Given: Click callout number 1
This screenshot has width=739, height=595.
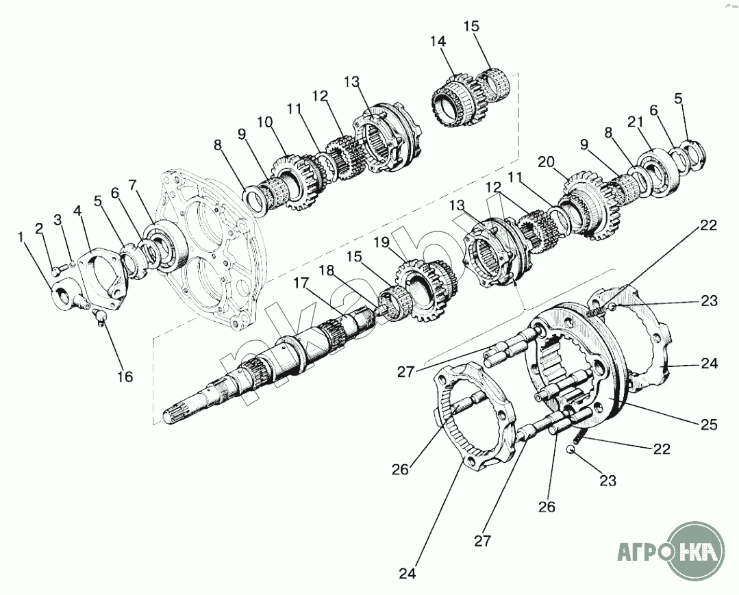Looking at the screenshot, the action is [x=21, y=237].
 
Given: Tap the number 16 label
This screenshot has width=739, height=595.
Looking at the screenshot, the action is [x=124, y=376].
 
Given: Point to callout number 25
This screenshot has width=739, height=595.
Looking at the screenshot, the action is [x=709, y=425].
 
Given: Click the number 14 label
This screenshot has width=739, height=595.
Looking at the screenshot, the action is [x=438, y=42].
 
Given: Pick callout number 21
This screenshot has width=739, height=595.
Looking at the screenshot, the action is [x=636, y=121].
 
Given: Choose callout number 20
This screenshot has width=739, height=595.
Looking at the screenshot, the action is [x=545, y=162].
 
